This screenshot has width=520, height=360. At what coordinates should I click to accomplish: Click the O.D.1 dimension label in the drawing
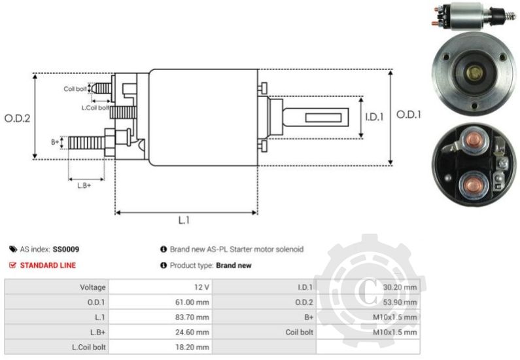tap(409, 115)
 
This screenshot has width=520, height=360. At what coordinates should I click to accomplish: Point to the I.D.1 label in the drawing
tap(373, 117)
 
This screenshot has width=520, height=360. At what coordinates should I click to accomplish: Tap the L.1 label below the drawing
tap(184, 221)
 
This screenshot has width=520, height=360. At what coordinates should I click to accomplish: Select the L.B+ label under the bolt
tap(83, 185)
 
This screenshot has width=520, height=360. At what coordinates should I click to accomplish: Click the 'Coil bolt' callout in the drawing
tap(75, 88)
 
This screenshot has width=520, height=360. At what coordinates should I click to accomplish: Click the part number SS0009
tap(66, 249)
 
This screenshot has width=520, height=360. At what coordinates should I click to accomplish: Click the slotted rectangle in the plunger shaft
tap(326, 117)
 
